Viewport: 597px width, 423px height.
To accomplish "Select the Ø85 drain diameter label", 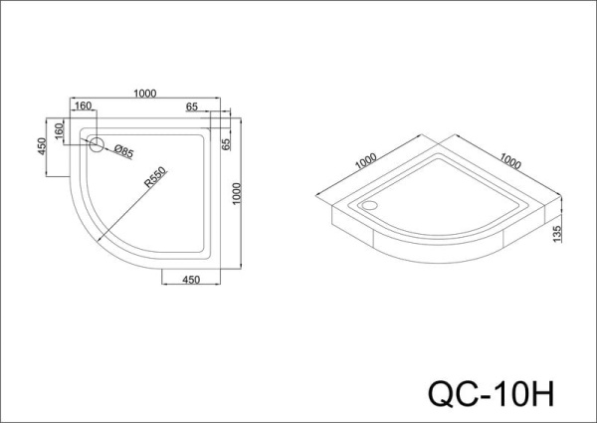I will click(123, 151).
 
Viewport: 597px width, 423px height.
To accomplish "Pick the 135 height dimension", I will click(562, 233).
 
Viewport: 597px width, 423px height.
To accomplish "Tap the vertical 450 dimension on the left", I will click(44, 145).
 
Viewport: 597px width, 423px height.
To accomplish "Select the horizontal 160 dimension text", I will click(83, 106).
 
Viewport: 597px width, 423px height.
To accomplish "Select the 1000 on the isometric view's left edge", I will click(365, 161).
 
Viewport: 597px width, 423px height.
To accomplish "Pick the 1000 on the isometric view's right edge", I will click(510, 161).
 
